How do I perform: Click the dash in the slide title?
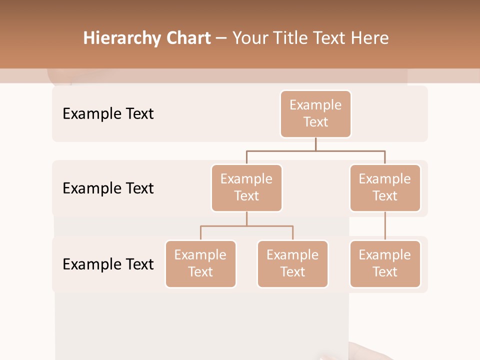coord(221,39)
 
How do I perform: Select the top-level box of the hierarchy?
coord(315,113)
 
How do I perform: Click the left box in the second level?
coord(246,187)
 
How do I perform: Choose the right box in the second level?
coord(385,187)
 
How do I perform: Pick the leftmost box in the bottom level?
coord(200,263)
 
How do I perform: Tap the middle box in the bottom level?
coord(292,263)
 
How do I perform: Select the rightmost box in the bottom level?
coord(385,263)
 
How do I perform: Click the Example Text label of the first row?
coord(108,114)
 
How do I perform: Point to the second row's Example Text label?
coord(108,188)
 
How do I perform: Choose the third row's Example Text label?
coord(108,264)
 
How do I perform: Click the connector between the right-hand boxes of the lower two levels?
coord(385,226)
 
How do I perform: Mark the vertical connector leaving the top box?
coord(315,144)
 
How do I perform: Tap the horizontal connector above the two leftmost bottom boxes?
coord(246,226)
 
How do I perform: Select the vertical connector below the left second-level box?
coord(246,219)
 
